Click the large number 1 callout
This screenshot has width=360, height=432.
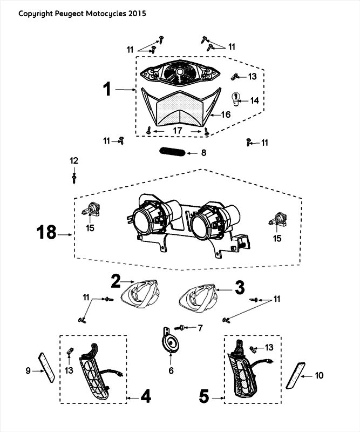108,89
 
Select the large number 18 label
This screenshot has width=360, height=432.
46,233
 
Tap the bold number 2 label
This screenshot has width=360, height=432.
116,280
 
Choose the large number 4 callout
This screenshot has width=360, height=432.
145,398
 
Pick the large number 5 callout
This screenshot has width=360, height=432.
204,398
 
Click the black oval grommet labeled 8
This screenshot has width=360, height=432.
173,153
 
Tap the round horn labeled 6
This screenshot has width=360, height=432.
171,343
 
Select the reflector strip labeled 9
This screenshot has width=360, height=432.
45,367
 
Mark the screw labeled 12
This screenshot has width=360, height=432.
74,175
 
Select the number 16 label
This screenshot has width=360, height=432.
226,114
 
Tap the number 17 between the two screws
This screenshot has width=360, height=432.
178,130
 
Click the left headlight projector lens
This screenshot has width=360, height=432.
145,219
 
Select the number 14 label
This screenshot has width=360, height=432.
253,101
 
